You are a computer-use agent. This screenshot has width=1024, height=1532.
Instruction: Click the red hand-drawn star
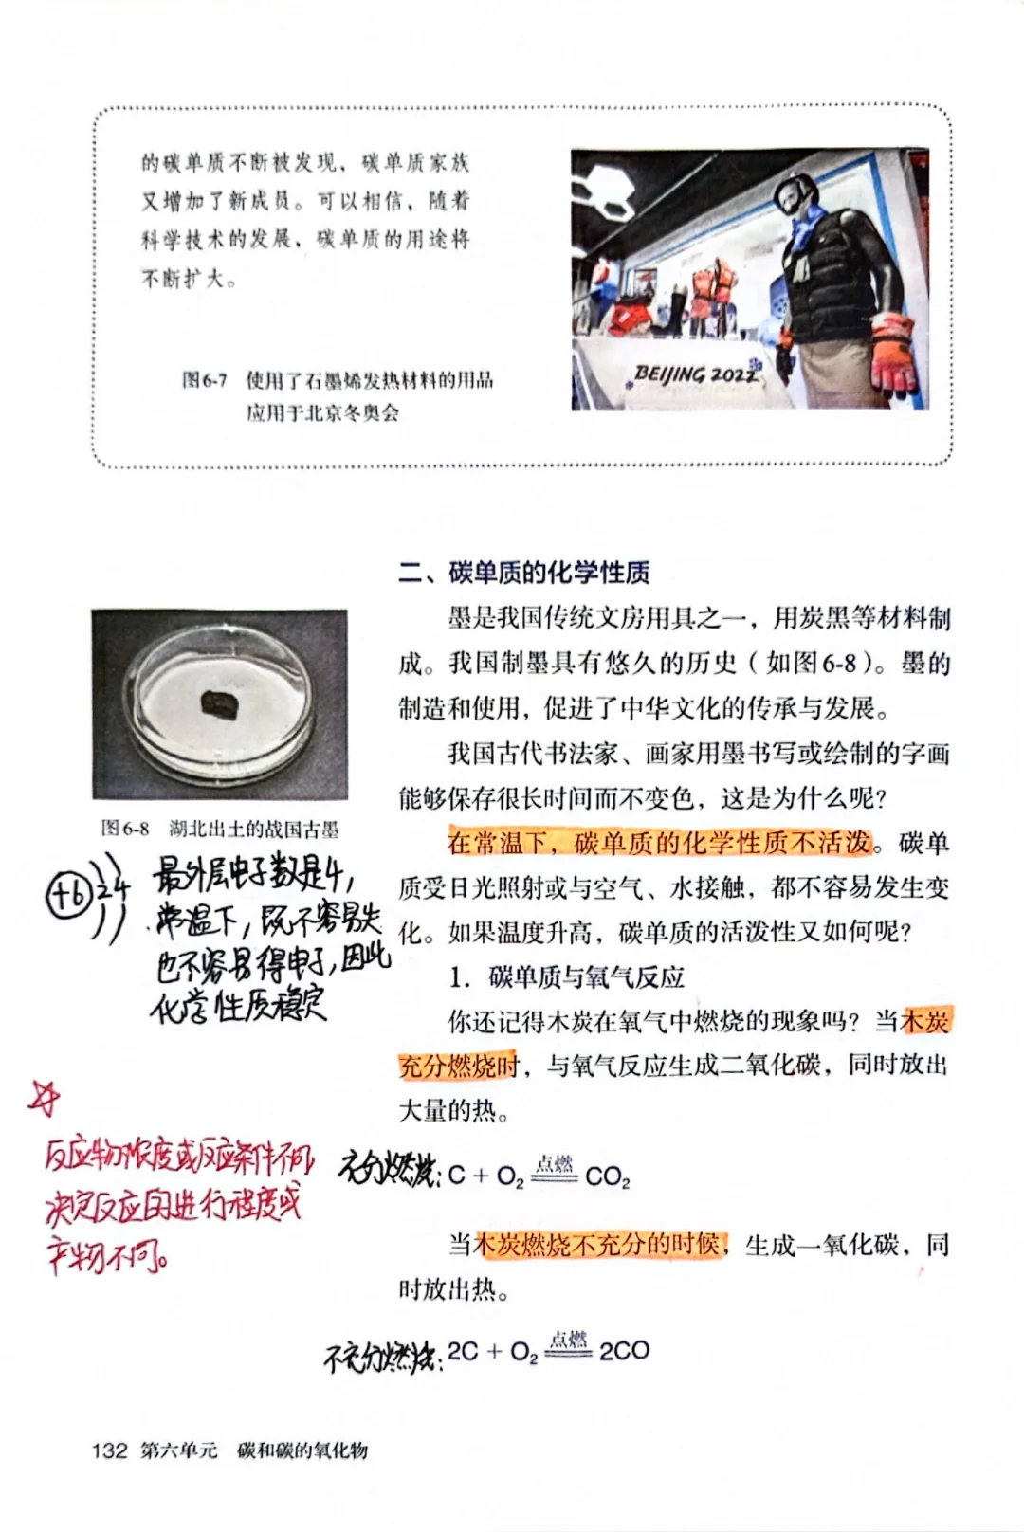(44, 1098)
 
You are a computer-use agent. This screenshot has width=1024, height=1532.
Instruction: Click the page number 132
(109, 1450)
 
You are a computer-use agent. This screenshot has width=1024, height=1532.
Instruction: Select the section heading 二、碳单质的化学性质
(524, 573)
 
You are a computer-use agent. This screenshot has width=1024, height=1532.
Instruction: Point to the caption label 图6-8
(125, 830)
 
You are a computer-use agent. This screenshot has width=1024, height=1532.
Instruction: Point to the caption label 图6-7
(205, 380)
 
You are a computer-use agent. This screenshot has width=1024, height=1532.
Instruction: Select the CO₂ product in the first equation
(607, 1177)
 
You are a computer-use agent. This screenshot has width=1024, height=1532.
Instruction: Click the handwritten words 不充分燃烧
(379, 1358)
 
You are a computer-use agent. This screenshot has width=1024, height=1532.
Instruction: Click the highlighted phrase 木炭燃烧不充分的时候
(599, 1244)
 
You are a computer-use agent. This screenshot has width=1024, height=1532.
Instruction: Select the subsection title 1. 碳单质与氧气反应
(566, 976)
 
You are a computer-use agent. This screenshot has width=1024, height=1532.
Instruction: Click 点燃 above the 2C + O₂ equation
(568, 1338)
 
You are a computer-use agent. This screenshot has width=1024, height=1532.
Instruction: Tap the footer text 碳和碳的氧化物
(302, 1450)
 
